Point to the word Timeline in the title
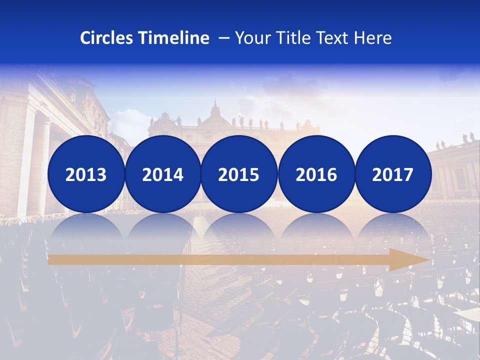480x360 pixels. click(174, 38)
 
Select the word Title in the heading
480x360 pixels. click(290, 38)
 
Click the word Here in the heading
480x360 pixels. click(373, 38)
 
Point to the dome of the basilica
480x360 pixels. click(215, 113)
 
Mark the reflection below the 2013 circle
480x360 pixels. click(86, 227)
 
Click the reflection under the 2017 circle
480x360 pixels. click(393, 227)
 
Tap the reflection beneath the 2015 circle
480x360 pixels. click(239, 227)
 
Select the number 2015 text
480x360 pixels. click(239, 175)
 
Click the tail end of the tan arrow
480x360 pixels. click(51, 259)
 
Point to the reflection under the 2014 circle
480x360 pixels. click(162, 227)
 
